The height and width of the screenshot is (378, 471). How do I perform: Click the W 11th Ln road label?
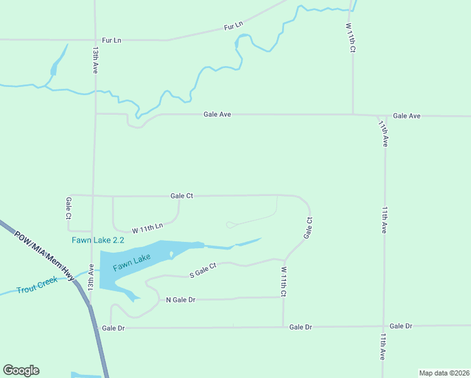[147, 227]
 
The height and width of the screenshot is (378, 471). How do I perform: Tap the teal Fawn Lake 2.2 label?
[98, 240]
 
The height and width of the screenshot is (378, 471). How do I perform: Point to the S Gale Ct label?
[203, 271]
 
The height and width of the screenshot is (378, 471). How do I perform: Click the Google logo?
[21, 370]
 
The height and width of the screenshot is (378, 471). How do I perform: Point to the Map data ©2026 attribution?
[444, 373]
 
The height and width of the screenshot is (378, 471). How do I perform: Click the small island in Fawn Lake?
[171, 255]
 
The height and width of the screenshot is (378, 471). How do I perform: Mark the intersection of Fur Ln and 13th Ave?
[94, 40]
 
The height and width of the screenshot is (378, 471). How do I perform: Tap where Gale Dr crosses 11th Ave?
[383, 326]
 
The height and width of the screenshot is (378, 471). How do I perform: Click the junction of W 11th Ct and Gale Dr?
[283, 327]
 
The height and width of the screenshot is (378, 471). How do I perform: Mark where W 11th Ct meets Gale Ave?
[353, 115]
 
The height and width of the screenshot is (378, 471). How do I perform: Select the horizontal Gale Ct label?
[181, 196]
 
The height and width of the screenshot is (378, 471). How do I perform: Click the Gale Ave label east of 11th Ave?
[406, 116]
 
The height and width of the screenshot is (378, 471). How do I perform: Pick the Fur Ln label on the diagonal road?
[233, 26]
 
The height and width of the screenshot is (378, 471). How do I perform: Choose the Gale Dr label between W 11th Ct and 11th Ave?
[300, 327]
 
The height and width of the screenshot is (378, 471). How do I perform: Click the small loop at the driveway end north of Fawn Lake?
[229, 225]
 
